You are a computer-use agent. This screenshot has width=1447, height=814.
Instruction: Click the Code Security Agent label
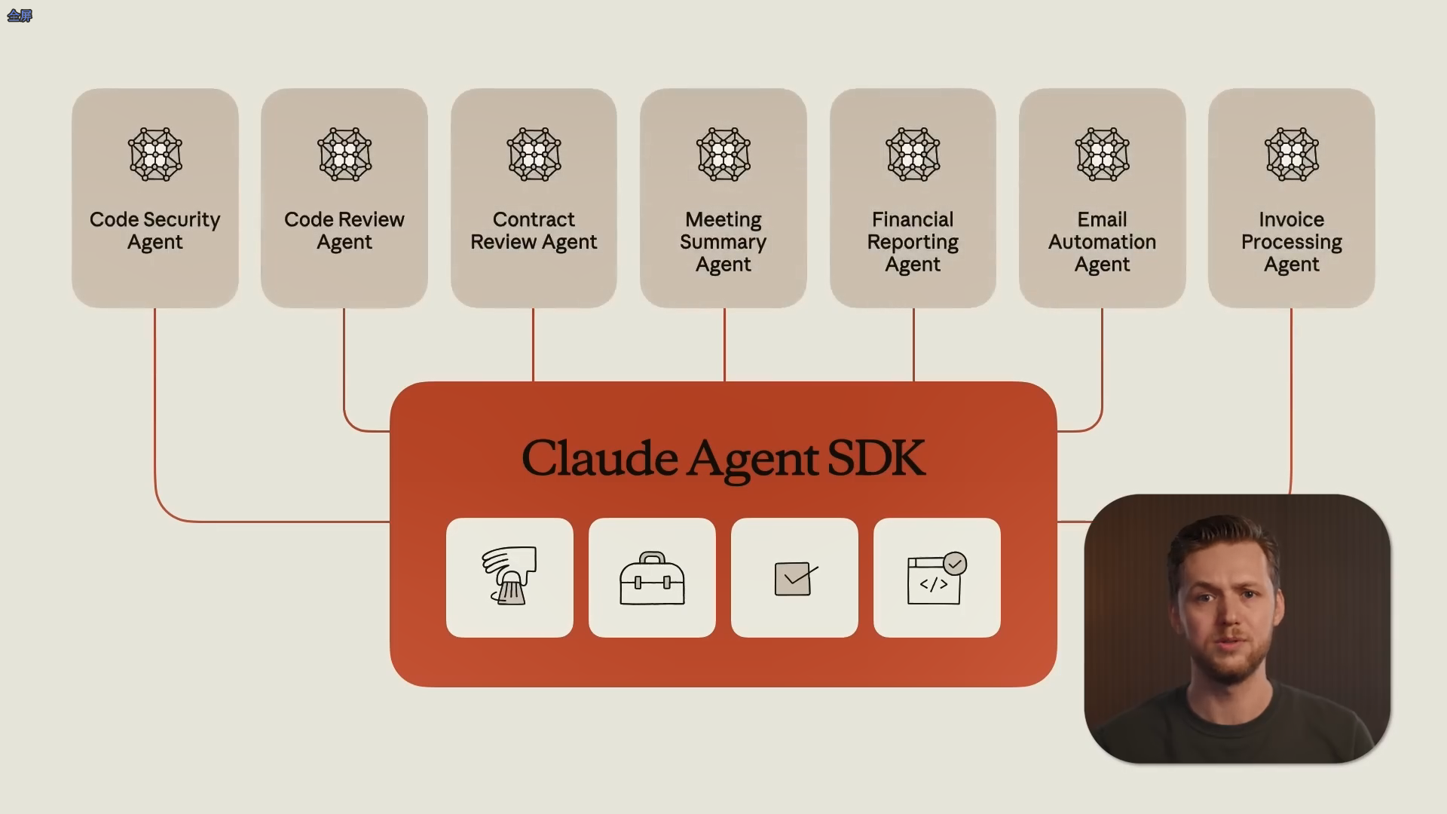pos(154,231)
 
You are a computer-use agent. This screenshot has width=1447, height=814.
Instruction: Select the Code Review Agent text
pos(344,231)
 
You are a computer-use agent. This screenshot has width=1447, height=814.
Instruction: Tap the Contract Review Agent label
pos(534,231)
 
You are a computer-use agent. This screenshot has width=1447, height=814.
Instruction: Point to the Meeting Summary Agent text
pos(723,241)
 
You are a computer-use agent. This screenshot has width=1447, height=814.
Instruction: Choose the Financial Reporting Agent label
pos(913,241)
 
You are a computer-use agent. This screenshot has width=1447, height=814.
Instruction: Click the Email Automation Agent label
pos(1102,241)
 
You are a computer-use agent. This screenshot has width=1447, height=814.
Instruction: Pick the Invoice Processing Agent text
pos(1291,241)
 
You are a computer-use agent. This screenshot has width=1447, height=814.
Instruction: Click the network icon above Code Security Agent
pos(155,155)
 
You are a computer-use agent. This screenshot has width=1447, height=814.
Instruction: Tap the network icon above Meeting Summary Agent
pos(723,155)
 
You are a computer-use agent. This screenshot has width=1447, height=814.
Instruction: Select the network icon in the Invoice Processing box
pos(1292,155)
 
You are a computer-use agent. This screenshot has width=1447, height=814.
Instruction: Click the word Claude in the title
pos(599,457)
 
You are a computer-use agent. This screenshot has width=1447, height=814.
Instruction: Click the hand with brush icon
pos(509,577)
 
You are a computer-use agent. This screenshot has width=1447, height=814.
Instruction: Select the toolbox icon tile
pos(652,578)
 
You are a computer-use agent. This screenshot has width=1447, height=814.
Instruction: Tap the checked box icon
pos(794,578)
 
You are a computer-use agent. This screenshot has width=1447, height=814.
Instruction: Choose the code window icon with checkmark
pos(937,578)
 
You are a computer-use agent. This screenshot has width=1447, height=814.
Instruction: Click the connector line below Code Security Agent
pos(154,407)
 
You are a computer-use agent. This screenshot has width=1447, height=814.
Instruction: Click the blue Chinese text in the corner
pos(20,16)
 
